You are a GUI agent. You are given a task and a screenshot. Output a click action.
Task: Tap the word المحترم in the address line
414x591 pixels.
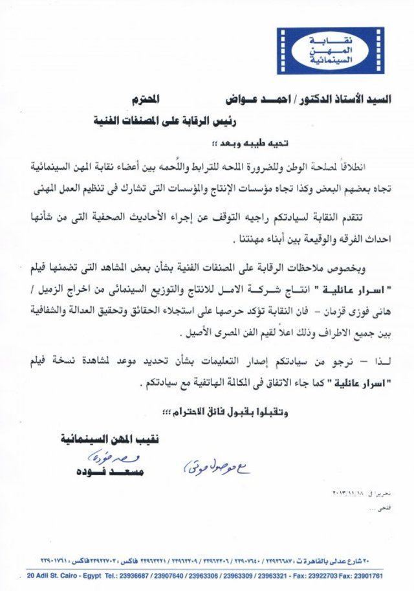168,100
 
